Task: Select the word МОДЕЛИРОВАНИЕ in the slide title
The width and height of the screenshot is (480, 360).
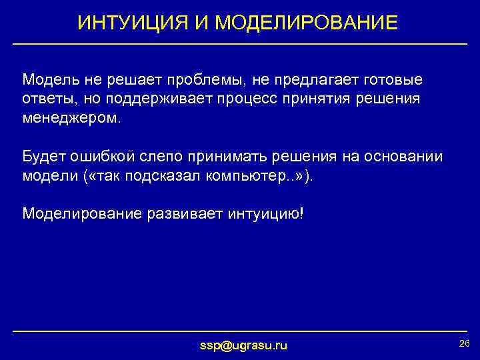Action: [x=307, y=23]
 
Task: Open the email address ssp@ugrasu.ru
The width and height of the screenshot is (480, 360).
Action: [x=244, y=345]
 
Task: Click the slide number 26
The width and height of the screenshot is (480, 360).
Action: [x=465, y=343]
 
